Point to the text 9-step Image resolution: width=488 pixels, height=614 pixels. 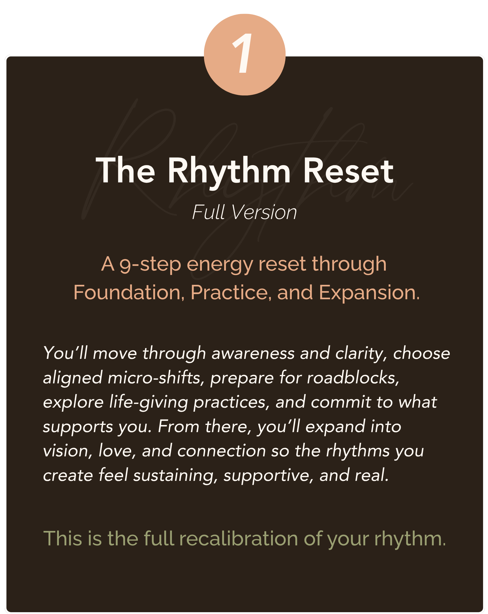tap(150, 264)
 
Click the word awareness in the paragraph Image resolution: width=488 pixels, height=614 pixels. tap(253, 353)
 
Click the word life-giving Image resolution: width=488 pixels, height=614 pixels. tap(148, 402)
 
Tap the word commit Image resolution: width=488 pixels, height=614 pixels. tap(341, 402)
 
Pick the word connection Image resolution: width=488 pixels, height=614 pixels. tap(222, 451)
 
